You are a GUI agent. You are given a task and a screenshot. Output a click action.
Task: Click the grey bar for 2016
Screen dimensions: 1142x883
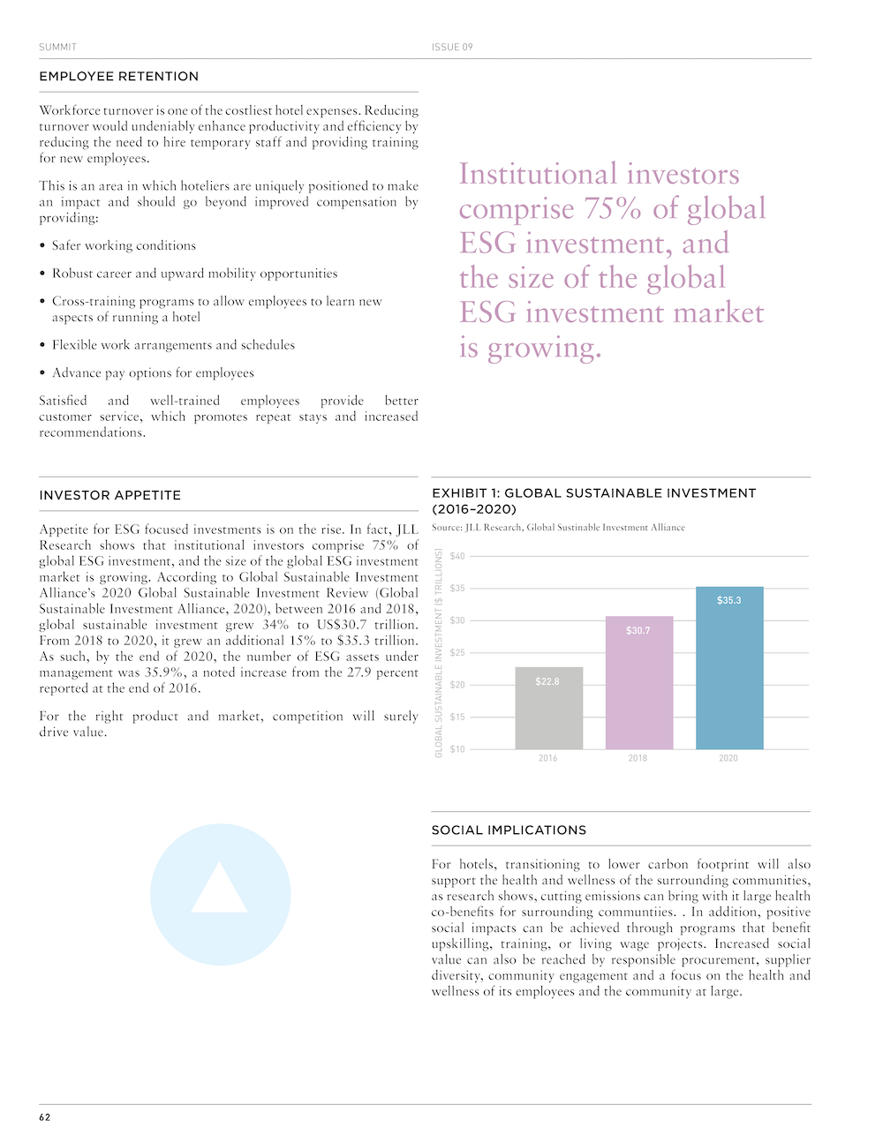click(x=548, y=708)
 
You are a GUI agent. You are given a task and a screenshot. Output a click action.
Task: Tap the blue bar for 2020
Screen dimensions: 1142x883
click(x=729, y=668)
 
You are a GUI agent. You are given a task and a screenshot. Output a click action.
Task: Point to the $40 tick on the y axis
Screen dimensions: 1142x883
click(x=457, y=556)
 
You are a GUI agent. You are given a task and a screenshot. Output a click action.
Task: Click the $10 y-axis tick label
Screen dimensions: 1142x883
click(x=457, y=749)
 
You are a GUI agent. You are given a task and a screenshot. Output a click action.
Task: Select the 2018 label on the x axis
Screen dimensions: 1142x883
click(x=638, y=758)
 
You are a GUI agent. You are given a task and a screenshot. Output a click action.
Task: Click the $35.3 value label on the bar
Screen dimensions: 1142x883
click(x=729, y=600)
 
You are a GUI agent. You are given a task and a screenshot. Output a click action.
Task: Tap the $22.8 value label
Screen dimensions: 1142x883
click(x=547, y=681)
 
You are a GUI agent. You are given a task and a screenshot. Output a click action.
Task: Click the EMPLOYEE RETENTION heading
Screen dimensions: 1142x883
click(x=119, y=77)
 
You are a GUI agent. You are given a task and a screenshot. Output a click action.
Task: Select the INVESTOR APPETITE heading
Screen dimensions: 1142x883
click(x=110, y=496)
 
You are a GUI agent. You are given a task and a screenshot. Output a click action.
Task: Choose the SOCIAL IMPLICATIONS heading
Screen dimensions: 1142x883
click(x=509, y=830)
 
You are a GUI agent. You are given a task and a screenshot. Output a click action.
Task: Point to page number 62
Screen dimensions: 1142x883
click(x=45, y=1117)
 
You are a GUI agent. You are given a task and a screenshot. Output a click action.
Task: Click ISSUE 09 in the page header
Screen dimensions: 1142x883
click(x=452, y=47)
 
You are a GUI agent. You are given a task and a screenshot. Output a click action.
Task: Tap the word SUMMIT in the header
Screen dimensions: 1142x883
click(x=58, y=47)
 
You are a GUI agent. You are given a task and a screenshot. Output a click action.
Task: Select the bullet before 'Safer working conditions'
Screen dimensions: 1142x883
click(x=42, y=246)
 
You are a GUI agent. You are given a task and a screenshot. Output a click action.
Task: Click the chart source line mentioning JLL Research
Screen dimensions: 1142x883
click(x=558, y=528)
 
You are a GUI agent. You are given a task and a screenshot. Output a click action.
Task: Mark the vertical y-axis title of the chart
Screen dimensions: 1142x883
click(x=439, y=653)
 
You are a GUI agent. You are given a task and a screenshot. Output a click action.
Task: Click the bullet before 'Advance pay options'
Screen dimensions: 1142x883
click(x=42, y=373)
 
